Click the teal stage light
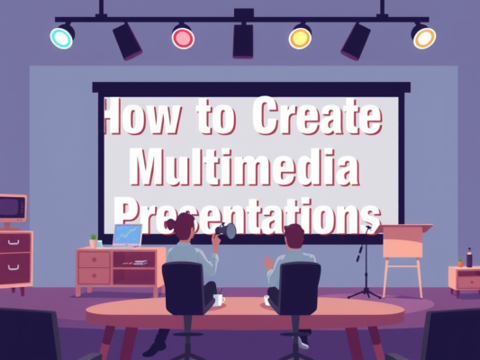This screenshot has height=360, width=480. pyautogui.click(x=61, y=38)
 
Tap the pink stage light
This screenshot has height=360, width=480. pyautogui.click(x=183, y=38)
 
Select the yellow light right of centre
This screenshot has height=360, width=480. pyautogui.click(x=300, y=38)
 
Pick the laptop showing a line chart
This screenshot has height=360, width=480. pyautogui.click(x=126, y=236)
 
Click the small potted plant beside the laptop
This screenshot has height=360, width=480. pyautogui.click(x=93, y=239)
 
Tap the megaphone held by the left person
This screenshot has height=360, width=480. pyautogui.click(x=225, y=231)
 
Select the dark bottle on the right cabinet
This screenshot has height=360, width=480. pyautogui.click(x=468, y=257)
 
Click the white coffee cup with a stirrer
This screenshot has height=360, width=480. pyautogui.click(x=219, y=299)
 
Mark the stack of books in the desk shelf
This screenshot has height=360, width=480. pyautogui.click(x=140, y=262)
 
